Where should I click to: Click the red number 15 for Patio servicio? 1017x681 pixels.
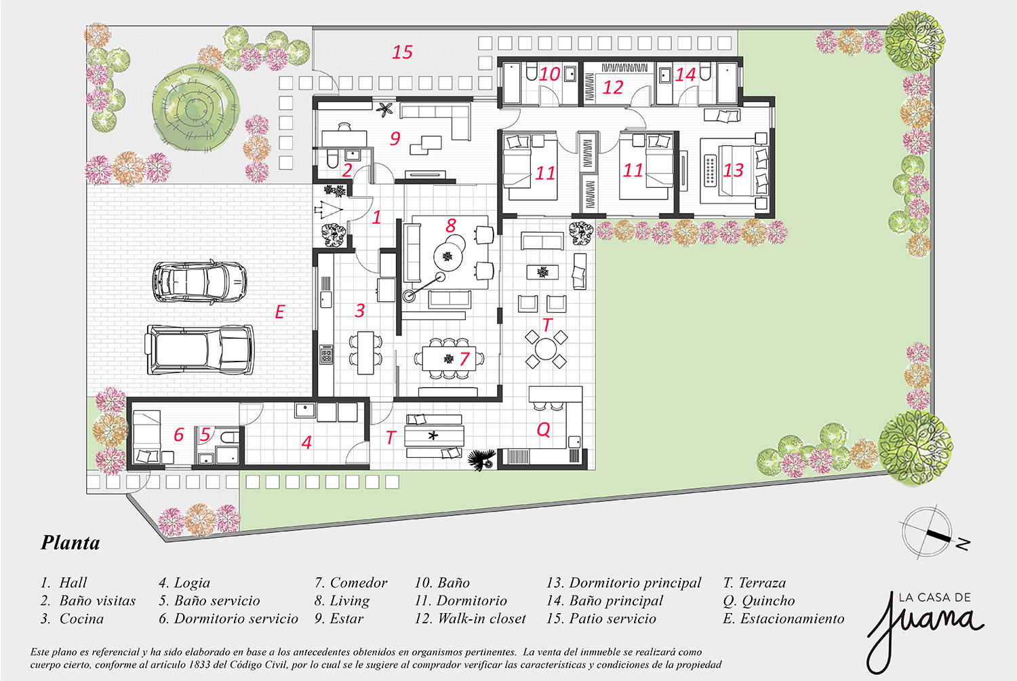(402, 52)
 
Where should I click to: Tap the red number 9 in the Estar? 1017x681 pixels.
(395, 138)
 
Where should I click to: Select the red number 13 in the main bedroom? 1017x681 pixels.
(733, 170)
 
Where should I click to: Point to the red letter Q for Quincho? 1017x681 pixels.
(544, 429)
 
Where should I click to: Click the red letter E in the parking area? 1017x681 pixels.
(279, 312)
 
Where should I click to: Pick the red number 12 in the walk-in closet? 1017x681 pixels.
(612, 87)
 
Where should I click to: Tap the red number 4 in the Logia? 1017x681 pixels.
(307, 442)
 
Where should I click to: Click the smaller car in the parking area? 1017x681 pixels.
(200, 281)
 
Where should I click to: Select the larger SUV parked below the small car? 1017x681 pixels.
(199, 349)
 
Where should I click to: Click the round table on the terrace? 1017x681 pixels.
(546, 349)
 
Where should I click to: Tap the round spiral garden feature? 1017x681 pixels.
(196, 108)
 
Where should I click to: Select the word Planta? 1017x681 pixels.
(71, 543)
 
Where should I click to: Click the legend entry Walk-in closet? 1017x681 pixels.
(471, 619)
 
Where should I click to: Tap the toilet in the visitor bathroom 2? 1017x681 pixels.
(333, 159)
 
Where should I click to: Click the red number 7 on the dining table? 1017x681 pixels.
(464, 359)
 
